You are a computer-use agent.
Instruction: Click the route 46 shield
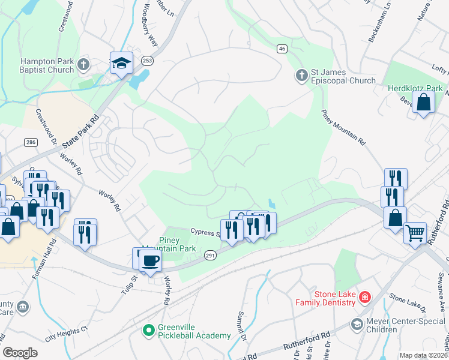point(282,48)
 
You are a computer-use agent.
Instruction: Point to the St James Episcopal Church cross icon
point(301,76)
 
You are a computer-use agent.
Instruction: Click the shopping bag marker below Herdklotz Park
point(423,103)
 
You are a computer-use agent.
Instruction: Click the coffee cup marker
point(149,261)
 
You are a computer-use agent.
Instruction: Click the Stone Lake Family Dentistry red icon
point(364,298)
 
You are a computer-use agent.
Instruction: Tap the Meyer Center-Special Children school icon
point(357,325)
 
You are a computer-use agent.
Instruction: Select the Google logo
point(20,353)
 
